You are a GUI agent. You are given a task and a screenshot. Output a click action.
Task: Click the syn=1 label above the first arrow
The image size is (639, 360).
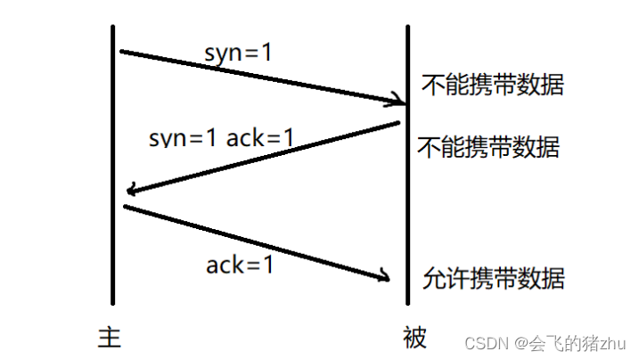238,53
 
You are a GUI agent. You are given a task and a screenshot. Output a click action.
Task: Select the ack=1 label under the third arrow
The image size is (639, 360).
240,265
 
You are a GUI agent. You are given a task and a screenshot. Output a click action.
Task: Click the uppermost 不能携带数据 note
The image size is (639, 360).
493,86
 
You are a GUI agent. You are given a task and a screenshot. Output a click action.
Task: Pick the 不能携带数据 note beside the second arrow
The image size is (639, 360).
488,147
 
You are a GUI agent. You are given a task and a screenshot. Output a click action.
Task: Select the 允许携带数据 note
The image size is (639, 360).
494,277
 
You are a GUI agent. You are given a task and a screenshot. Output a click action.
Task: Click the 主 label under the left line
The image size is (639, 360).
110,337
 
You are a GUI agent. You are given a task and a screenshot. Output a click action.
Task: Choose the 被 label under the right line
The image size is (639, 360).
414,338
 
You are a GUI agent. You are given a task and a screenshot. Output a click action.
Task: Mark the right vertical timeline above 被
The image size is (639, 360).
407,178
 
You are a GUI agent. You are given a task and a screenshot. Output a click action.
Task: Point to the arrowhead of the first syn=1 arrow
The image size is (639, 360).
397,101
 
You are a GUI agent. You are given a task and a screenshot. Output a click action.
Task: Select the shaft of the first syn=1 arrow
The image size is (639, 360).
258,76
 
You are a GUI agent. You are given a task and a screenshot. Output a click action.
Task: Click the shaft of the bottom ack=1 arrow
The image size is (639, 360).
254,242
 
